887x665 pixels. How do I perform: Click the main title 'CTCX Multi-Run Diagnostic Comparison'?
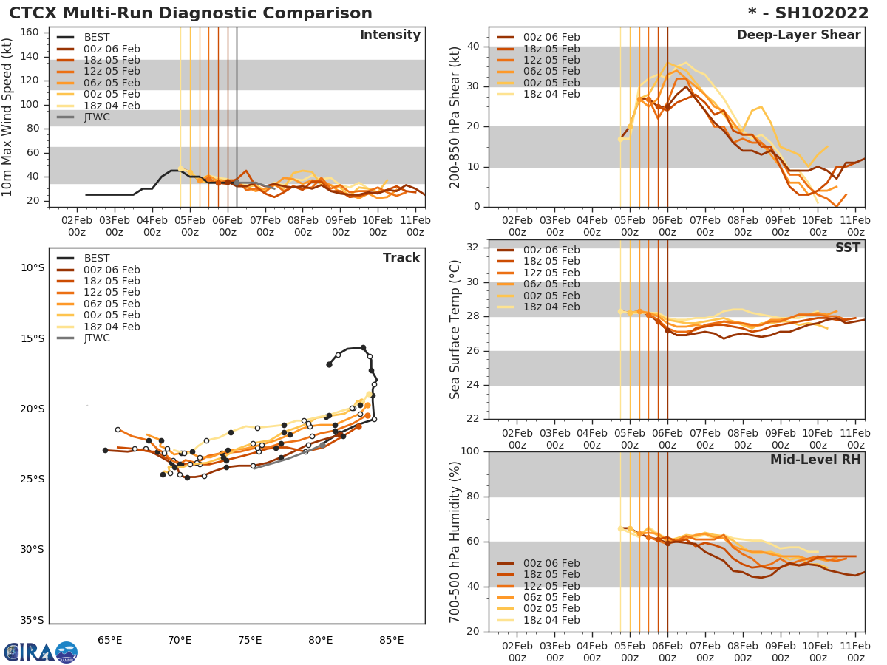(x=191, y=13)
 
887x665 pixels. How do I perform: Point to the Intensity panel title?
(x=390, y=35)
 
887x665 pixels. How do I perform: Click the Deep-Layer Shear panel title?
(x=798, y=35)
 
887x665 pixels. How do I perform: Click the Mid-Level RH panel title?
(x=815, y=460)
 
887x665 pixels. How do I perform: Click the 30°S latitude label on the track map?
(x=31, y=549)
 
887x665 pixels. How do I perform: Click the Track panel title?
(x=401, y=258)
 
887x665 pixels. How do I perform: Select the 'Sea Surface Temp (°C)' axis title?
(x=455, y=329)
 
